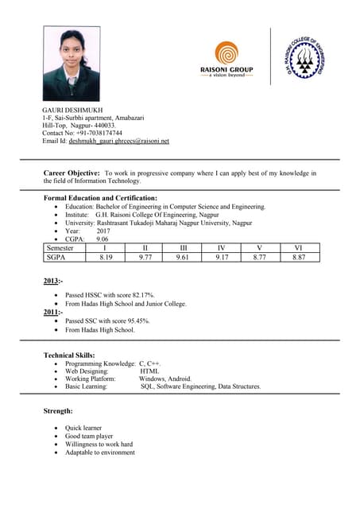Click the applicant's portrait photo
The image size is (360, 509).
72,64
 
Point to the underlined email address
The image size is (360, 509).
119,141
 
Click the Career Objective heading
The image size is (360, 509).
72,173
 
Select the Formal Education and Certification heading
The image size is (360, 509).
100,198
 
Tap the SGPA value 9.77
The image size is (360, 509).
145,258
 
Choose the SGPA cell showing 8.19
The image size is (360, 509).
106,258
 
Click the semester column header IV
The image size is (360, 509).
222,248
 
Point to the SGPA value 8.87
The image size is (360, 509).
299,258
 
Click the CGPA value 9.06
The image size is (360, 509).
103,239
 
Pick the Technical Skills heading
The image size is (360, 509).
69,355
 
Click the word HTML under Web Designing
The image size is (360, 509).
149,371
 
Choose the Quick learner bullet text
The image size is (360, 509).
83,428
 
